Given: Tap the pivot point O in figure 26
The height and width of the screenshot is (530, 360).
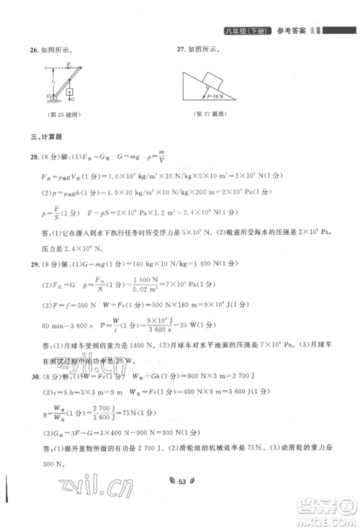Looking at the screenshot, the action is tap(47, 94).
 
